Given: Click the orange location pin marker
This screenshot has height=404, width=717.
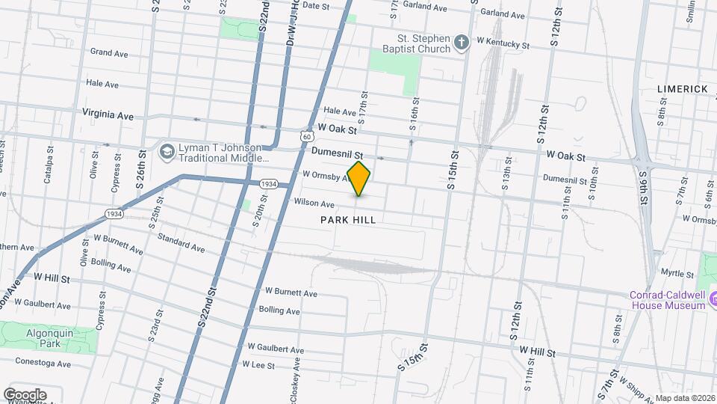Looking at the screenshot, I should tap(358, 179).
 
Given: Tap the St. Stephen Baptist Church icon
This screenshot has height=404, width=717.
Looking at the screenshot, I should tap(462, 42).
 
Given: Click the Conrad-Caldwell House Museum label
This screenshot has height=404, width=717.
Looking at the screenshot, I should tap(667, 299).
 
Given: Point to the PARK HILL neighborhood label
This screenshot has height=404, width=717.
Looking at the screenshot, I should tap(348, 220).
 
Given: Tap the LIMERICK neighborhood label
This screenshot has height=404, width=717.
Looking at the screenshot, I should tap(682, 89).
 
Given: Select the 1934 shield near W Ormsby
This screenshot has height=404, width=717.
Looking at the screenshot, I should tap(269, 184).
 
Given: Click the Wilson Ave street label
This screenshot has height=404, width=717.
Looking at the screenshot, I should tap(314, 203).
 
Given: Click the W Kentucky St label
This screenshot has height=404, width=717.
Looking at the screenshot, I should tap(503, 45).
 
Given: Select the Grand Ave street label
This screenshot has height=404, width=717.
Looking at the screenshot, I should tap(109, 52).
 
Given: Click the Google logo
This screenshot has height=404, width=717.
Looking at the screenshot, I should tap(25, 394).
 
